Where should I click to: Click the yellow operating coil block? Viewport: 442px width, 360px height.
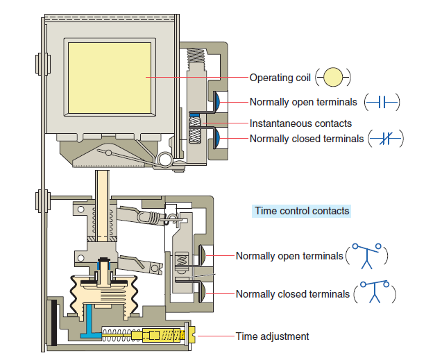pyautogui.click(x=110, y=78)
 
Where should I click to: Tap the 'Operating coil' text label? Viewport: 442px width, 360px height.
pyautogui.click(x=280, y=78)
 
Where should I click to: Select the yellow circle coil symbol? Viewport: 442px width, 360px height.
pyautogui.click(x=333, y=77)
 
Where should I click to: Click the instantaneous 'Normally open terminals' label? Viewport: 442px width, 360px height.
pyautogui.click(x=303, y=102)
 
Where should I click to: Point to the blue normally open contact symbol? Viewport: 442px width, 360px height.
pyautogui.click(x=382, y=102)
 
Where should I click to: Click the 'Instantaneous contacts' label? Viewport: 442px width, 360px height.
pyautogui.click(x=300, y=123)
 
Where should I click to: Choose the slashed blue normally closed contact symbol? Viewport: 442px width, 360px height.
pyautogui.click(x=385, y=138)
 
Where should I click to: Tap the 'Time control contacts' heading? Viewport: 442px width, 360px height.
pyautogui.click(x=302, y=211)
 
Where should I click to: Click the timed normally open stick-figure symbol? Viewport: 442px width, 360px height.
pyautogui.click(x=367, y=255)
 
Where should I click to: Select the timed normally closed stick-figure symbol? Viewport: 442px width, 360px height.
pyautogui.click(x=375, y=291)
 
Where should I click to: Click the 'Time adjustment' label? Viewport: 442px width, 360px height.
pyautogui.click(x=272, y=336)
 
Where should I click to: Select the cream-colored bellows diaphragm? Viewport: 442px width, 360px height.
pyautogui.click(x=104, y=295)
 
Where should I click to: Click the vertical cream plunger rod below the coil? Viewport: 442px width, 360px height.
pyautogui.click(x=102, y=205)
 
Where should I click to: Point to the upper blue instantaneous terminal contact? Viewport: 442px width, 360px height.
pyautogui.click(x=216, y=102)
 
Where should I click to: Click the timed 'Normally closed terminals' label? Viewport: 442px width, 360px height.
pyautogui.click(x=293, y=294)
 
